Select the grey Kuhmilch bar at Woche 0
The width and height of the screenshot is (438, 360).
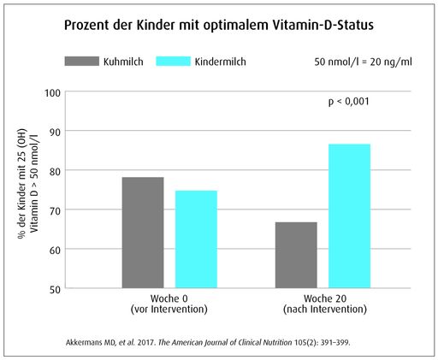[x=143, y=232]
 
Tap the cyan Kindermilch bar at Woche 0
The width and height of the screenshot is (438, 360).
[x=196, y=239]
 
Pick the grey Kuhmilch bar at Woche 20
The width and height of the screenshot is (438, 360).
[x=296, y=254]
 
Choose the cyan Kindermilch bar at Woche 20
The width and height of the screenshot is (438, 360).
[x=349, y=215]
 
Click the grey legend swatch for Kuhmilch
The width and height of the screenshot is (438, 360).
[x=83, y=62]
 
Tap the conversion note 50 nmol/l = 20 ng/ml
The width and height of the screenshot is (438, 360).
[x=364, y=62]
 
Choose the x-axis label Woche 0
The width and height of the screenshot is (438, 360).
[x=169, y=299]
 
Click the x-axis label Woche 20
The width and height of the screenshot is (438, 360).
[x=323, y=299]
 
